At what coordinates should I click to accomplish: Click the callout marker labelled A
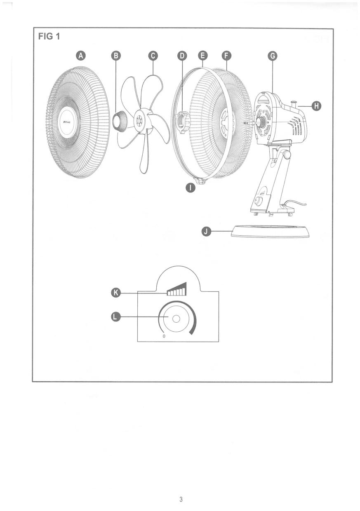[x=81, y=56]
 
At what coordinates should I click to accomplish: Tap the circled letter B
[x=116, y=56]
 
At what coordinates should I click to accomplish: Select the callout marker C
[x=153, y=56]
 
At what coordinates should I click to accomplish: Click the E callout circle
[x=203, y=56]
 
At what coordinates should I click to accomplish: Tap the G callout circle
[x=272, y=56]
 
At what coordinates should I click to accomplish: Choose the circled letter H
[x=316, y=106]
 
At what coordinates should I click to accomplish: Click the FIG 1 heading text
[x=49, y=36]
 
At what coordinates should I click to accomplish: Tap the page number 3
[x=181, y=500]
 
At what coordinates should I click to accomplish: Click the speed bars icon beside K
[x=177, y=290]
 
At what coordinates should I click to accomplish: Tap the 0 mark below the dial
[x=164, y=337]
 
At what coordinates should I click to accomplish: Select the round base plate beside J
[x=270, y=231]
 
